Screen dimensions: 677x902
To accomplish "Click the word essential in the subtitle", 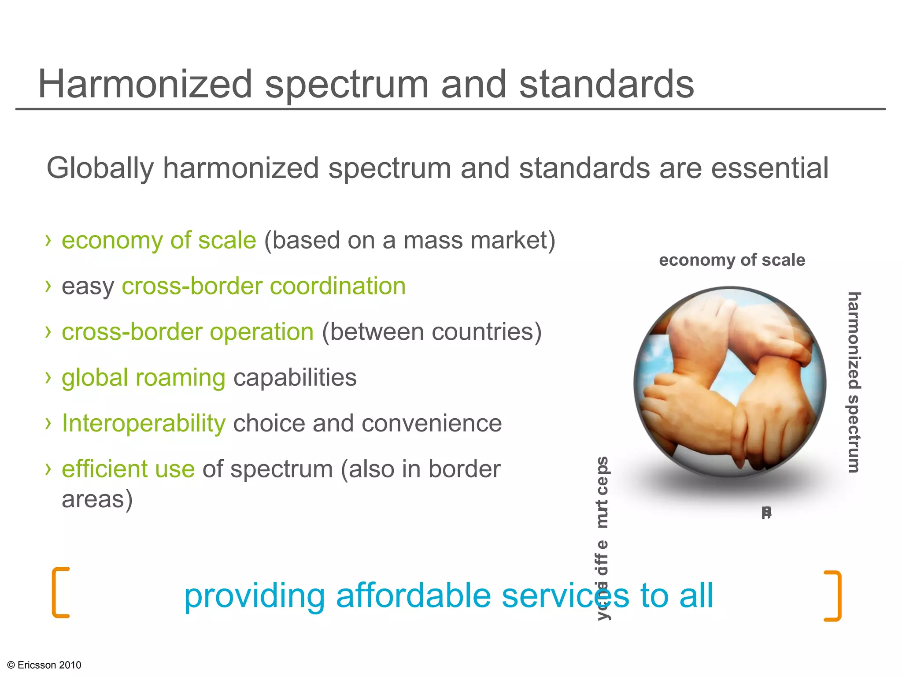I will point(770,168).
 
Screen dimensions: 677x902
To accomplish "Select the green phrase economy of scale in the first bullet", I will point(159,241).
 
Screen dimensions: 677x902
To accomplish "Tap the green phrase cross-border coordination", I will point(263,286).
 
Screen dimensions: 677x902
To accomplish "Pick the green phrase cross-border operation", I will point(188,332).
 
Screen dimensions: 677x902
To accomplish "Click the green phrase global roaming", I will point(144,378).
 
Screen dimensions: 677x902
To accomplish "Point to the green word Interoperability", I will point(144,424).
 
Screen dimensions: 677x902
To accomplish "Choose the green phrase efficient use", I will point(128,469).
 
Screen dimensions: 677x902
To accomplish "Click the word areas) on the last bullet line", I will point(97,499).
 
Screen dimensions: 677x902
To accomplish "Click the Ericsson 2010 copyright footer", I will point(44,665).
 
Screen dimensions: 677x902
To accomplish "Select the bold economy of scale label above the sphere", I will point(732,260).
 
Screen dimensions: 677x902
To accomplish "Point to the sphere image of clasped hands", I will point(730,382).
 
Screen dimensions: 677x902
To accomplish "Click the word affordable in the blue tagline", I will point(413,596).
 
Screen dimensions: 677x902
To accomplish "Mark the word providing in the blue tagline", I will point(254,596).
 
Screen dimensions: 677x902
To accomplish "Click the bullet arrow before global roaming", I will point(48,377).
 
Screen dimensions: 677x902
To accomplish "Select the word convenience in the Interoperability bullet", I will point(432,424).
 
